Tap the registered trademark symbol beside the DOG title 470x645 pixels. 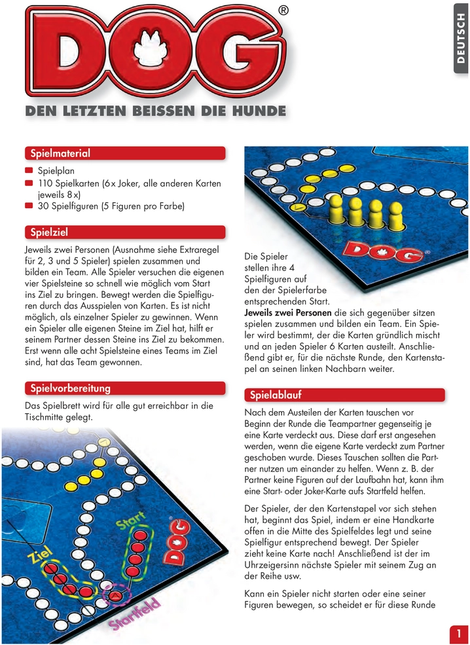tap(283, 10)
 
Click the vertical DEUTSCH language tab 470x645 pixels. tap(461, 39)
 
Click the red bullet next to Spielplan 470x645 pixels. tap(29, 170)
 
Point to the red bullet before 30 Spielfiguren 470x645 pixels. tap(29, 206)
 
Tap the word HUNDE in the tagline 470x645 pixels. tap(259, 111)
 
